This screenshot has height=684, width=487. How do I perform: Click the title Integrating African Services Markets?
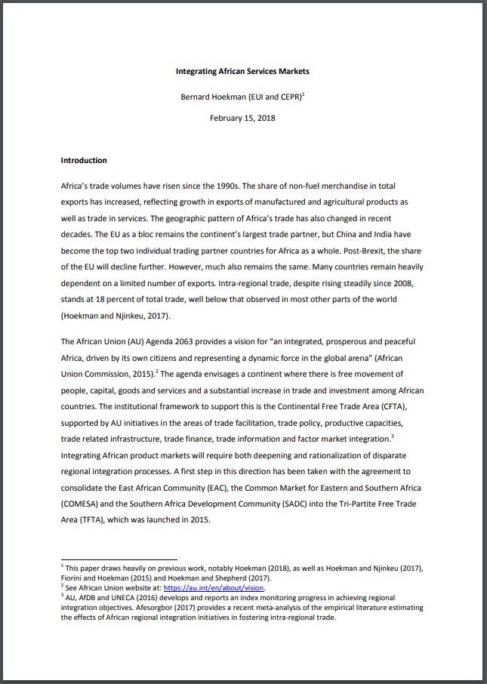tap(242, 71)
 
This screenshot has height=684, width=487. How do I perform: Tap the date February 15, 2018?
tap(242, 118)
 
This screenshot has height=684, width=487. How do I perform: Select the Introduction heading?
tap(84, 160)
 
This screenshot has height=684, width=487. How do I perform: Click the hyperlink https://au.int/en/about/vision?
tap(214, 587)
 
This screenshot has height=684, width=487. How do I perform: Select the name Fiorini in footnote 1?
tap(73, 578)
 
